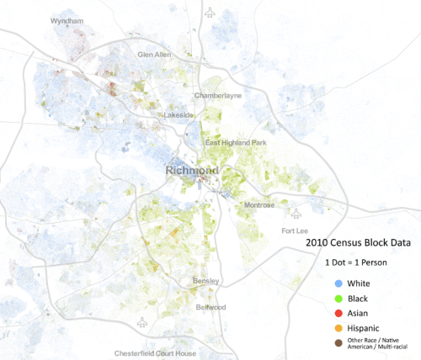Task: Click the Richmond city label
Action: (193, 172)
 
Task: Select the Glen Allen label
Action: (154, 55)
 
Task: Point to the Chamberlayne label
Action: (218, 95)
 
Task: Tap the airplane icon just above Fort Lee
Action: (296, 214)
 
